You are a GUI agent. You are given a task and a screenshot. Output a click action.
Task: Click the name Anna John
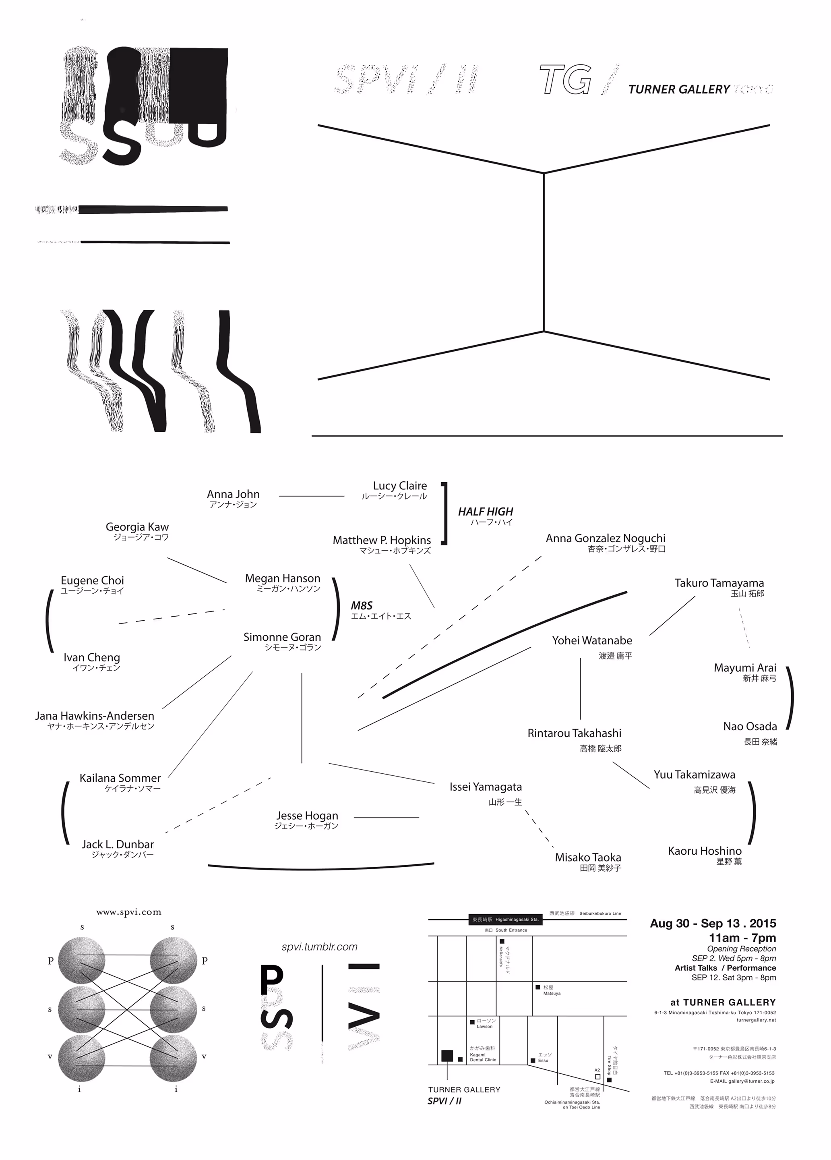click(233, 494)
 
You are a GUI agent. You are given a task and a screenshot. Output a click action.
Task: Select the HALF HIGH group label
click(485, 512)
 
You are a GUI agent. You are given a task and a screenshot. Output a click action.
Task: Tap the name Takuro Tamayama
click(719, 583)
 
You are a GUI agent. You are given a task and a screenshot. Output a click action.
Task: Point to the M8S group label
click(362, 605)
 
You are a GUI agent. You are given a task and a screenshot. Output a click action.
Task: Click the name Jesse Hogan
click(307, 815)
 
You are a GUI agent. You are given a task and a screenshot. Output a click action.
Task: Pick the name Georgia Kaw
click(137, 527)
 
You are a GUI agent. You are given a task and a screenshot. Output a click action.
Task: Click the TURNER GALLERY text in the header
click(678, 89)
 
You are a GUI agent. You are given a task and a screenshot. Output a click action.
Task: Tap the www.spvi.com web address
click(128, 912)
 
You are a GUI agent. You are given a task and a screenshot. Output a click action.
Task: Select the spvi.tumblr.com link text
click(319, 947)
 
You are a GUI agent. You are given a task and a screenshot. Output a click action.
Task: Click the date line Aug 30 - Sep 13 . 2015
click(712, 923)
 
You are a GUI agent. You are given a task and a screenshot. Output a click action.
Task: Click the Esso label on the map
click(543, 1060)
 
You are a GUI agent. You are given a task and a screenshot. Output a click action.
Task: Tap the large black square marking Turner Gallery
click(447, 1056)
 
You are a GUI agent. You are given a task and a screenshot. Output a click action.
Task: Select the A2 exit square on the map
click(597, 1077)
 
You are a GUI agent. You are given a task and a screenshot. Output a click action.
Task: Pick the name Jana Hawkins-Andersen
click(95, 716)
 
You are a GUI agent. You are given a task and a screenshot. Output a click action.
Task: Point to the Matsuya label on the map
click(552, 993)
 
